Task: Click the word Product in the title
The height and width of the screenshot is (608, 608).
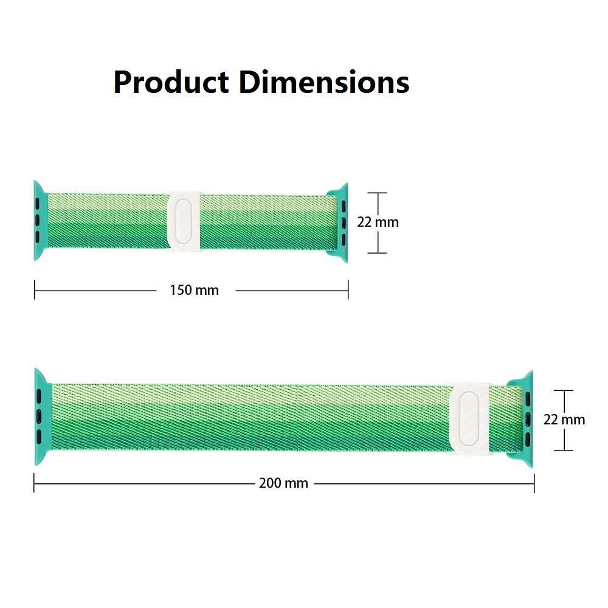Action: coord(171,83)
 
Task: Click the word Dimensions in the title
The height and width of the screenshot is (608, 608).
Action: coord(324,82)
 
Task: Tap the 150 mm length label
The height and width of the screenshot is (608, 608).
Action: coord(195,290)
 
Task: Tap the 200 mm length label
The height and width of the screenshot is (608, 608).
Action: coord(283,483)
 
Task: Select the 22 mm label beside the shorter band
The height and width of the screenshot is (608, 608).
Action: coord(378,222)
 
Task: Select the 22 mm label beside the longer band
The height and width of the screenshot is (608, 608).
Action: coord(564,420)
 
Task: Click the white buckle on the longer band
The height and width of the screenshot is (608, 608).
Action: coord(471,419)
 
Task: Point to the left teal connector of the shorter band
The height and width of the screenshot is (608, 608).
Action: coord(40,220)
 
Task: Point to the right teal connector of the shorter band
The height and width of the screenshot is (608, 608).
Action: coord(340,223)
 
